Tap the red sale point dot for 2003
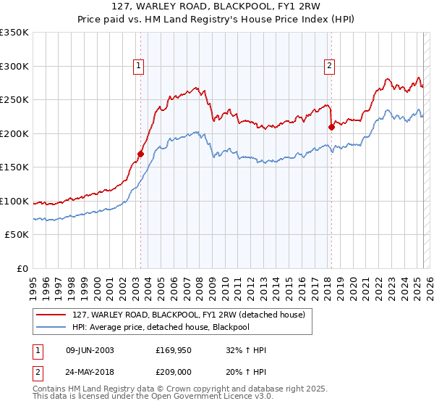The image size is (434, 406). click(141, 154)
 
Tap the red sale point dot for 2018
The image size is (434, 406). click(331, 127)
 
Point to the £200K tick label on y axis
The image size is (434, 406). click(14, 133)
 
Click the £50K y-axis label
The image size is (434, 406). click(17, 235)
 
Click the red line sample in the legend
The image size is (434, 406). click(51, 315)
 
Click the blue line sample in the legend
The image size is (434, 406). click(51, 326)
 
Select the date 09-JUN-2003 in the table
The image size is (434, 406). click(89, 351)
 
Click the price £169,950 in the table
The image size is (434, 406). click(174, 351)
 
